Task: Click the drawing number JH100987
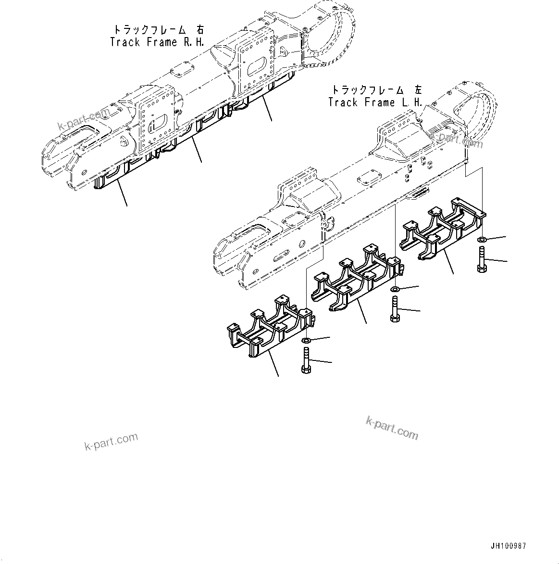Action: pyautogui.click(x=508, y=546)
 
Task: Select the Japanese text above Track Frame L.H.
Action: pyautogui.click(x=376, y=90)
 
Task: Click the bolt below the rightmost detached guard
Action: pyautogui.click(x=482, y=259)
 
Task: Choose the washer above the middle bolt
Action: pyautogui.click(x=395, y=289)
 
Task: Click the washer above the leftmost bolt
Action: pyautogui.click(x=306, y=341)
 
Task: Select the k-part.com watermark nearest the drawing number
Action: pyautogui.click(x=392, y=427)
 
